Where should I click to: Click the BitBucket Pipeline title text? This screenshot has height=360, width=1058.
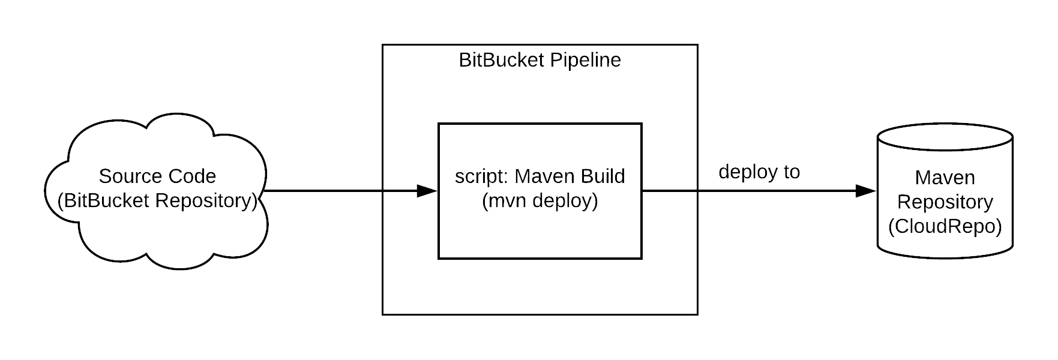[540, 61]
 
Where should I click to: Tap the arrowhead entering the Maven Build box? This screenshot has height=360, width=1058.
[427, 191]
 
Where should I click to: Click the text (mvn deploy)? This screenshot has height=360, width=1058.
[540, 201]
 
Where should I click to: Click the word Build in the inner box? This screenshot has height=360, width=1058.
[603, 176]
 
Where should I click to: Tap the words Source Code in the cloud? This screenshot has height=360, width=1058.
[157, 176]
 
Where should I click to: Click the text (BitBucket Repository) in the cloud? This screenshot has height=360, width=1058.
[157, 201]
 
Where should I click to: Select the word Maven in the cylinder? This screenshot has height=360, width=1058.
[945, 178]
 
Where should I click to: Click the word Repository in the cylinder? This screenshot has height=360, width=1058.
[945, 202]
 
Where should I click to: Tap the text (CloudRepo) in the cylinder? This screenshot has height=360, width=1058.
[945, 227]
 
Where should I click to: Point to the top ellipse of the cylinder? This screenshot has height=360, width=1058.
[945, 137]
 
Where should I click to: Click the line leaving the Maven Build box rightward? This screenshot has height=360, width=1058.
[669, 191]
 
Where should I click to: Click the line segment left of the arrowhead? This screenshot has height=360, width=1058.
[399, 191]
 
